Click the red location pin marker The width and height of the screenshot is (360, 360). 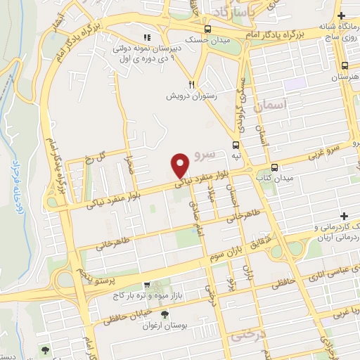180,165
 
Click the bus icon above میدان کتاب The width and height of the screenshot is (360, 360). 274,167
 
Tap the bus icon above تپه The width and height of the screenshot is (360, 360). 236,145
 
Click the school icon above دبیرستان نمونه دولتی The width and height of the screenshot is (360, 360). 148,37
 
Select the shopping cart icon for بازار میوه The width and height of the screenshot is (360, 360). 146,285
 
